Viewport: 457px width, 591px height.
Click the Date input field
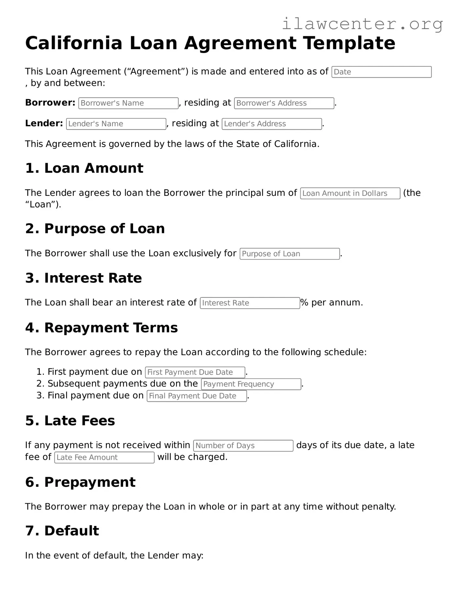(x=381, y=72)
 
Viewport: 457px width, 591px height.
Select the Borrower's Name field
(x=128, y=103)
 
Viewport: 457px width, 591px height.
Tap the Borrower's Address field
(x=284, y=103)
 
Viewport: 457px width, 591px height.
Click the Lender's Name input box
(x=116, y=124)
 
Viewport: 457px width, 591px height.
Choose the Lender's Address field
(x=271, y=124)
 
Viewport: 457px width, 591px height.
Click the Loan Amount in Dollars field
(x=350, y=193)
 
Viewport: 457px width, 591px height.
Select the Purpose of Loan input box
(x=289, y=254)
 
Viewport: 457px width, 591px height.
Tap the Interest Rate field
(x=250, y=303)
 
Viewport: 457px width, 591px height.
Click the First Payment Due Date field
(x=195, y=372)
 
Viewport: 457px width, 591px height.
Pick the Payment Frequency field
(x=251, y=384)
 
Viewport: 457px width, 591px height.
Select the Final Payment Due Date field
(x=197, y=396)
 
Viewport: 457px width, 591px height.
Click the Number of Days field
(x=243, y=445)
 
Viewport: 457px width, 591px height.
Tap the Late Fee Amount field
(x=104, y=457)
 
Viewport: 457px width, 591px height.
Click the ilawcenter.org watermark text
(x=362, y=24)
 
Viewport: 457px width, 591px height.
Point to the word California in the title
(x=74, y=43)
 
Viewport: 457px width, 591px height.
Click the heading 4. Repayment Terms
(x=101, y=328)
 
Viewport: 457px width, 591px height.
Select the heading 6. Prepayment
(x=80, y=482)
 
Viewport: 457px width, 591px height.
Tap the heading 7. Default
(x=62, y=531)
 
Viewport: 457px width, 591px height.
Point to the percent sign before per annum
(x=304, y=302)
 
